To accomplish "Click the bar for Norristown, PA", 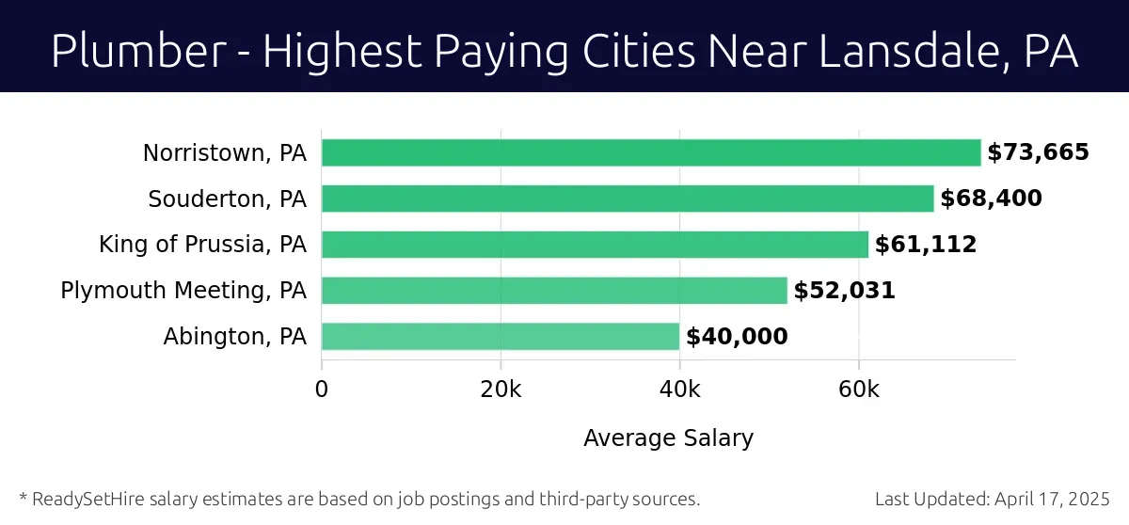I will click(x=651, y=152).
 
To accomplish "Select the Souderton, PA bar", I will click(x=628, y=199).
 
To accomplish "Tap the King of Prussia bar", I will click(x=595, y=245).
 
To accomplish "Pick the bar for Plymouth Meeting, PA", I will click(x=554, y=291).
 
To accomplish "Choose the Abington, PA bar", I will click(x=501, y=337).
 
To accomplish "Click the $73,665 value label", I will click(x=1038, y=152).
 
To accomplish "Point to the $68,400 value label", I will click(x=991, y=199).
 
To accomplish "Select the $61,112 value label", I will click(x=926, y=245).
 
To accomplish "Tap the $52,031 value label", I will click(x=844, y=291).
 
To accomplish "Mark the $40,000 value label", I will click(x=737, y=337).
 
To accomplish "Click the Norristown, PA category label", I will click(x=225, y=152).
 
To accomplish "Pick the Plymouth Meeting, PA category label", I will click(x=183, y=291).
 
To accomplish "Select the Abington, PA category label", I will click(x=235, y=337).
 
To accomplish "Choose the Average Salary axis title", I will click(x=668, y=438).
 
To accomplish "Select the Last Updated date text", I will click(x=993, y=499).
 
